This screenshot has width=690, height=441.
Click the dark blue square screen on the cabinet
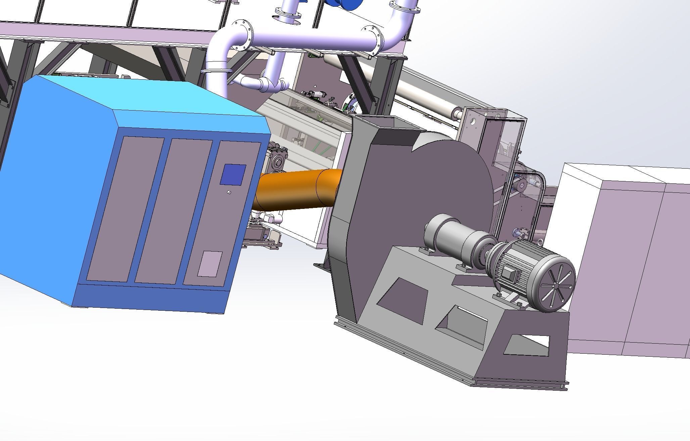(x=233, y=174)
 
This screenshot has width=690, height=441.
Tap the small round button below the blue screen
(x=229, y=192)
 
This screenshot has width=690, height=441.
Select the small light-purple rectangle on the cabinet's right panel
(x=210, y=264)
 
